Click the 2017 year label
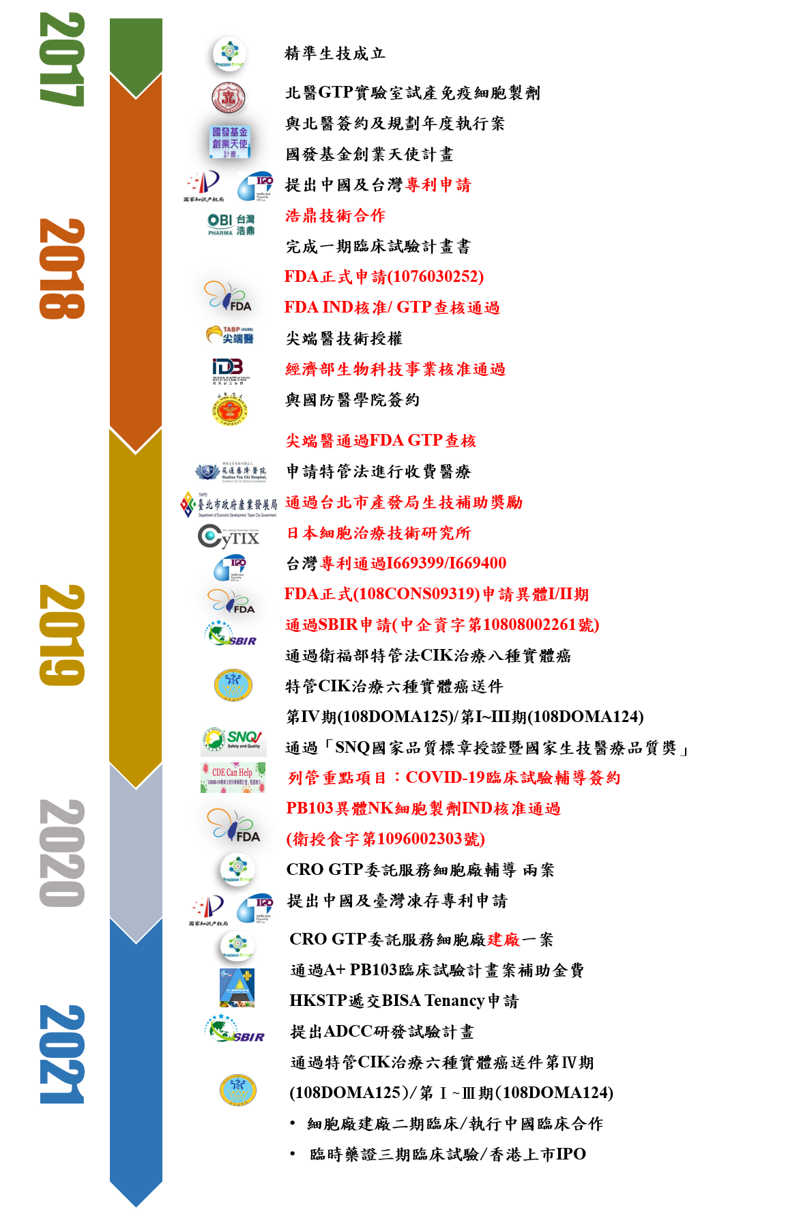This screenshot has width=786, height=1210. click(62, 59)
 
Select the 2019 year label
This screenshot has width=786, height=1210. click(62, 635)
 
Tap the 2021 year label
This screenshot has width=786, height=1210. click(62, 1054)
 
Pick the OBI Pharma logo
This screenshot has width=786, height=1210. click(230, 224)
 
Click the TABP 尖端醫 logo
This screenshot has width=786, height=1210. click(230, 335)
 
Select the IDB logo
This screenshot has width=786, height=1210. click(230, 370)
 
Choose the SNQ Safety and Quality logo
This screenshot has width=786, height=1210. click(233, 740)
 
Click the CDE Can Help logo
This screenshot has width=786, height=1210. click(233, 777)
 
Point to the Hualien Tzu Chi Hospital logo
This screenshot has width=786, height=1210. click(233, 471)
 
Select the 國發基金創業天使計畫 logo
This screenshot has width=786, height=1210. click(230, 142)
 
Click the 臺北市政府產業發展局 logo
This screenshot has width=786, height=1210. click(229, 504)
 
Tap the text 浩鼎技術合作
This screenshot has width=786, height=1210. click(335, 216)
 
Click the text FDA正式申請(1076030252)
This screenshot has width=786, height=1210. click(384, 276)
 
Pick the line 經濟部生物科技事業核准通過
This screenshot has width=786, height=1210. click(395, 369)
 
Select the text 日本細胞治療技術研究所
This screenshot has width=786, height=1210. click(379, 533)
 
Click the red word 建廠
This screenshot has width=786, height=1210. click(504, 940)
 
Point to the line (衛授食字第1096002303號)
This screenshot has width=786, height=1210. click(385, 839)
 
